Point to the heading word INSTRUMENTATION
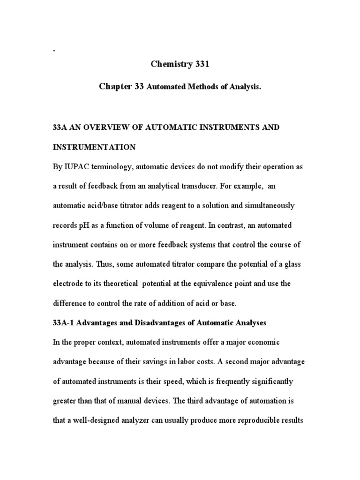(94, 147)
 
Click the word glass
(291, 264)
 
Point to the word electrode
(69, 284)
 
